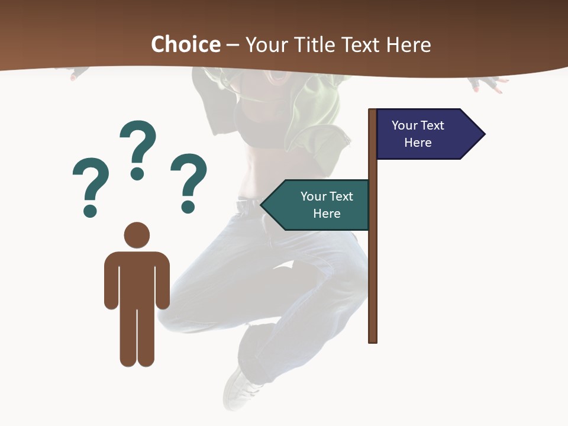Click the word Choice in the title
[x=185, y=44]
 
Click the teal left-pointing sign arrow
[x=317, y=205]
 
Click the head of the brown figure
[x=137, y=235]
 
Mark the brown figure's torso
[x=137, y=278]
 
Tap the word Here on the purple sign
[x=418, y=143]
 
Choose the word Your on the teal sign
[x=311, y=196]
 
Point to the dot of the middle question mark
[x=137, y=173]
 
